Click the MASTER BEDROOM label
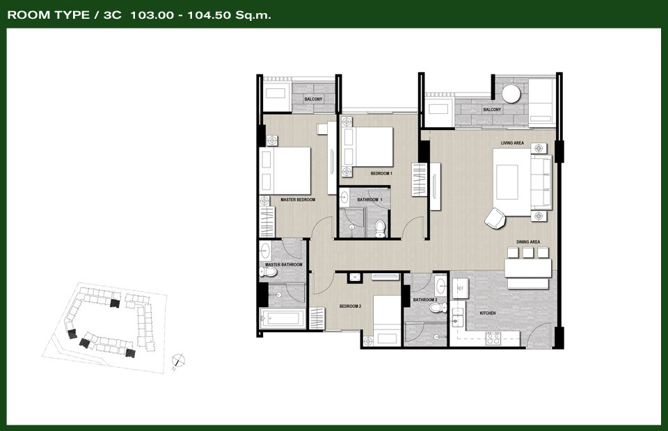point(298,200)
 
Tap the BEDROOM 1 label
point(381,174)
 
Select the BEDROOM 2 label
point(350,307)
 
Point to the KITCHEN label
point(488,313)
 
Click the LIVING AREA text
point(513,143)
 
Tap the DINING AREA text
point(528,242)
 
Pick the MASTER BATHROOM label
point(284,265)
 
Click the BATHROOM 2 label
point(425,300)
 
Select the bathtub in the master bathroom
point(282,318)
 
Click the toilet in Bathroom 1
point(380,229)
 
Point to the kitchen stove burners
point(493,339)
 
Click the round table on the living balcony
point(511,94)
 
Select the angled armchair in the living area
point(495,218)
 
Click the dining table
point(528,268)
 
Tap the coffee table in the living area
point(507,182)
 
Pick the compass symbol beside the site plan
point(179,361)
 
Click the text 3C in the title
point(113,15)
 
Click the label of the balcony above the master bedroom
point(313,99)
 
